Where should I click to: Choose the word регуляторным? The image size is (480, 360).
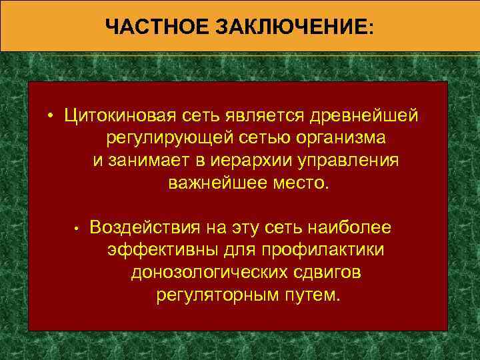pos(217,295)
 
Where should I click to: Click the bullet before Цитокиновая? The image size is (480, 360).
pos(51,117)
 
